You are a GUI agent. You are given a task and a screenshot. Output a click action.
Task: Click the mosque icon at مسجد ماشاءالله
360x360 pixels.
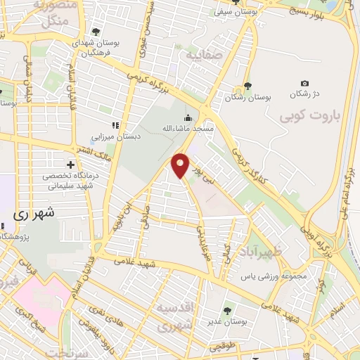tap(188, 118)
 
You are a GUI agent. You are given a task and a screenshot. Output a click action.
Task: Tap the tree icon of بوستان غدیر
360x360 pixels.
tap(227, 309)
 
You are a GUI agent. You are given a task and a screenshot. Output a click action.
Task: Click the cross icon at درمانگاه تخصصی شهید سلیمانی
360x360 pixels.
tap(70, 164)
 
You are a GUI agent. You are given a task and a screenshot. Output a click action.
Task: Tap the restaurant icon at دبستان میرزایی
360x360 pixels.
tap(116, 125)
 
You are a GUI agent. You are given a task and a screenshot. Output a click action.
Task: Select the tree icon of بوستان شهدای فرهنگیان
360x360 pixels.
tap(96, 32)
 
